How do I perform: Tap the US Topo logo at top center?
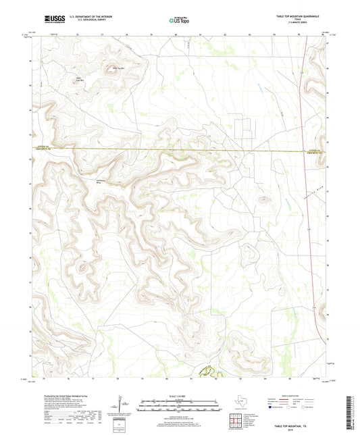[x=179, y=21]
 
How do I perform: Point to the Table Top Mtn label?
[x=119, y=68]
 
